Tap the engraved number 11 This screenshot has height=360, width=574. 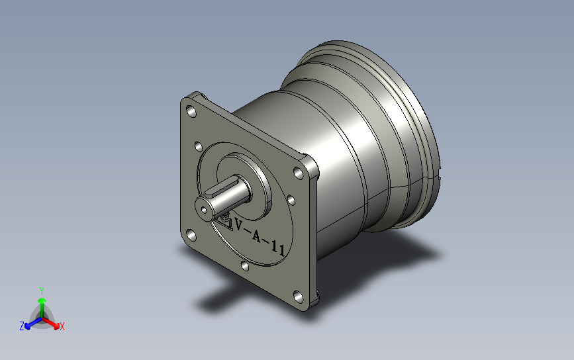tap(279, 250)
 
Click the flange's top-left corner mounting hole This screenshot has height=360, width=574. tap(192, 111)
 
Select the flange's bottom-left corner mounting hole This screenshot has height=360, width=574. tap(191, 235)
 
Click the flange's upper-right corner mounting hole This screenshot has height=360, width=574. tap(299, 173)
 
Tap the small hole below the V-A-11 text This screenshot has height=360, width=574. tap(245, 266)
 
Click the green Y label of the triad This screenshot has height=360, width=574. tap(41, 290)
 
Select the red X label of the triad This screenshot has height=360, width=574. tap(62, 326)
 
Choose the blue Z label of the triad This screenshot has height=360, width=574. tap(21, 326)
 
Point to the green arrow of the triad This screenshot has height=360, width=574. tap(41, 304)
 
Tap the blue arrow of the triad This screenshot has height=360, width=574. tap(30, 324)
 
